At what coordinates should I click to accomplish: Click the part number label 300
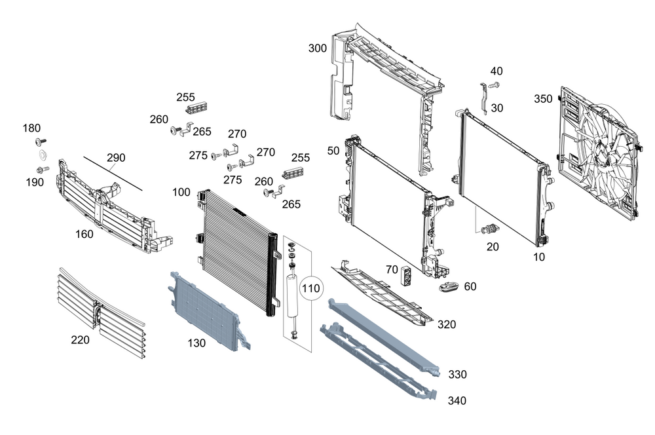click(x=317, y=48)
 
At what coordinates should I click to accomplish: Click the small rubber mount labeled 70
click(x=407, y=276)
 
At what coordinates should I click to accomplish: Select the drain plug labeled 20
click(x=490, y=229)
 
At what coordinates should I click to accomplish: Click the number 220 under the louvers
click(x=81, y=339)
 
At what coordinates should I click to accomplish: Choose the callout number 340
click(x=457, y=400)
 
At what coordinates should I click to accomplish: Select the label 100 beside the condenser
click(x=181, y=193)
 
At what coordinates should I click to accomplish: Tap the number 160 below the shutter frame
click(x=84, y=234)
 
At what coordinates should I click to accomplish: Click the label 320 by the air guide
click(x=447, y=324)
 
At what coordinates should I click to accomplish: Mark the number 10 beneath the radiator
click(x=538, y=257)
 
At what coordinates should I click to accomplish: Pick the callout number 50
click(x=333, y=151)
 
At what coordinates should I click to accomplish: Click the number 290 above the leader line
click(x=116, y=158)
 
